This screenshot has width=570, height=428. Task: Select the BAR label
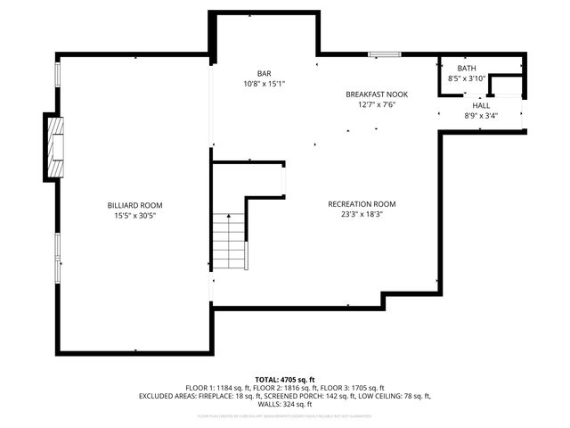pos(264,74)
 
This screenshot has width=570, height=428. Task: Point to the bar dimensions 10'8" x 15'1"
pos(264,84)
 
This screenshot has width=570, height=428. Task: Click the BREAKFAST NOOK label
pos(377,94)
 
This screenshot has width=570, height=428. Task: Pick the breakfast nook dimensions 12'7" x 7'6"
pos(377,104)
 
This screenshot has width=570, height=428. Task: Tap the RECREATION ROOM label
pos(362,204)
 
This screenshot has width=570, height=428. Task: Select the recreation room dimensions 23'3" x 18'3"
pos(362,215)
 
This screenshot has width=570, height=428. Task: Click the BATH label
pos(467,69)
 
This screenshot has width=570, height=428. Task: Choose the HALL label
pos(481,105)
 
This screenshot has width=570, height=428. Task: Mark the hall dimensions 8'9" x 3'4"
pos(481,115)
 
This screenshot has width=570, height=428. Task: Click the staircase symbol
pos(229,240)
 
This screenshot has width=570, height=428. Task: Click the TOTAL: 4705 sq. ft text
pos(285,379)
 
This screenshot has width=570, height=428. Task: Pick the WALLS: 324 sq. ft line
pos(285,404)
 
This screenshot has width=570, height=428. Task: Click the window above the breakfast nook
pos(383,54)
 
